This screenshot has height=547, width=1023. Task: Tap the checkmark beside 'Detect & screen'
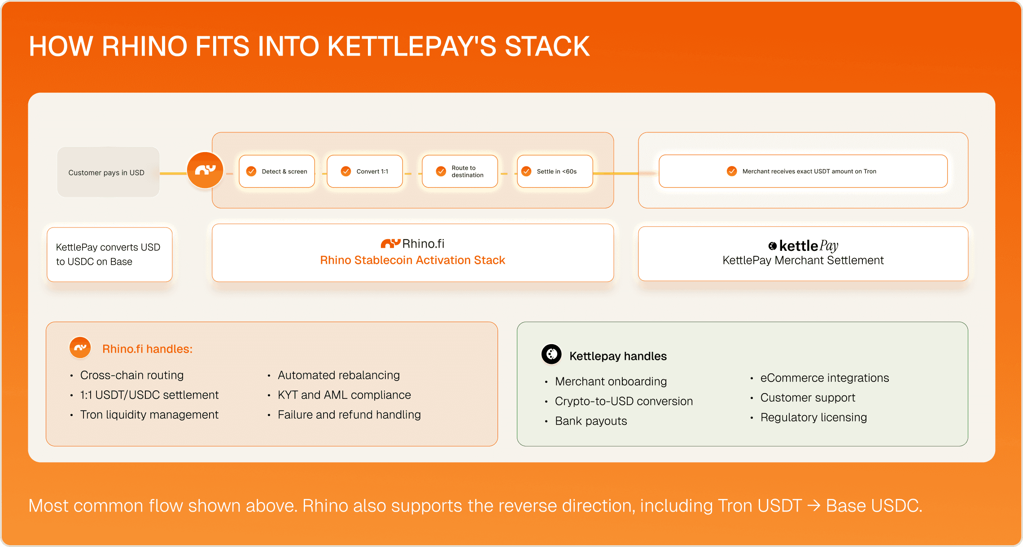coord(251,171)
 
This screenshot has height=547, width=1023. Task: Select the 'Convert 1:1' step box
coord(365,171)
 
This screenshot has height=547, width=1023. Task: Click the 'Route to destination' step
coord(460,171)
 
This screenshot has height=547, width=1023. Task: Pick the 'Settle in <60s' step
coord(555,171)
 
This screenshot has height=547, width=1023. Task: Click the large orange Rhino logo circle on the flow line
coord(205,170)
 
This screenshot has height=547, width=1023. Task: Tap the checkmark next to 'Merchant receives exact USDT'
coord(732,171)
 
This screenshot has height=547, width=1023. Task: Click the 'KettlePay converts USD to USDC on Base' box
coord(109,254)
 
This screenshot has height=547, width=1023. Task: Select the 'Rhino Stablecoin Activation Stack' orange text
coord(413,260)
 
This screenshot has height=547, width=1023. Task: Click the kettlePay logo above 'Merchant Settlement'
coord(803,246)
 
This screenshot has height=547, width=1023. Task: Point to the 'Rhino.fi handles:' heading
coord(147,349)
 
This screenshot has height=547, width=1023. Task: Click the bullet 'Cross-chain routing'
coord(132,375)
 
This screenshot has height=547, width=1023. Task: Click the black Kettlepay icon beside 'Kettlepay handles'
coord(551,354)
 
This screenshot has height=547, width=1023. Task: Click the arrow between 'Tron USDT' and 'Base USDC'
coord(814,506)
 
